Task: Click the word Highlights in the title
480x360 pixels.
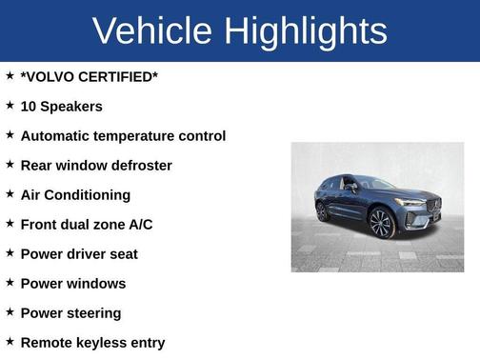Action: click(306, 32)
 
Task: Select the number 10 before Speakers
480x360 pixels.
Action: click(29, 107)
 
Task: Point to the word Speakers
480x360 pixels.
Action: click(71, 107)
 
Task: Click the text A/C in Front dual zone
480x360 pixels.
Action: click(139, 225)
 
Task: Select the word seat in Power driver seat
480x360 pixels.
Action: click(121, 254)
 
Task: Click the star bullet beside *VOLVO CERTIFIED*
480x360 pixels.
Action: click(10, 76)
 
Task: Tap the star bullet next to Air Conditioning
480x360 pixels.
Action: click(10, 194)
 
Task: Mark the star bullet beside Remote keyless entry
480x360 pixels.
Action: click(10, 342)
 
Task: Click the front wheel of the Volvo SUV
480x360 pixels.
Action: click(382, 224)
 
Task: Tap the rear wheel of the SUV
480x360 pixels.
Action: click(323, 211)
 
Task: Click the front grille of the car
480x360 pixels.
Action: click(430, 207)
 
